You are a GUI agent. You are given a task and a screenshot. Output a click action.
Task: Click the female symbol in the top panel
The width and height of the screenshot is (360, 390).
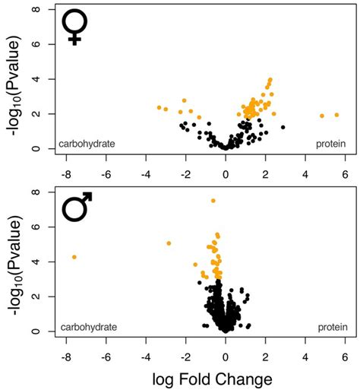(x=74, y=27)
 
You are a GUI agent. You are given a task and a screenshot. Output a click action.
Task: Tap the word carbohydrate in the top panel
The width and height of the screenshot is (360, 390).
(x=87, y=143)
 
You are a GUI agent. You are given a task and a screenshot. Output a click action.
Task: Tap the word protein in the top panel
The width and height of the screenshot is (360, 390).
(x=330, y=143)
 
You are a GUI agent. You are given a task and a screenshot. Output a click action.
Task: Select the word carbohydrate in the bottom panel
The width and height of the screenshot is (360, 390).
(x=89, y=326)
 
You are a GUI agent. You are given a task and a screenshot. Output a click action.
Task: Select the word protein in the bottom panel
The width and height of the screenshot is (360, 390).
(x=330, y=326)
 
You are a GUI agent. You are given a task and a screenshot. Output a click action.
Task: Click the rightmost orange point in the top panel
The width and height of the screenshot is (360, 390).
(x=336, y=115)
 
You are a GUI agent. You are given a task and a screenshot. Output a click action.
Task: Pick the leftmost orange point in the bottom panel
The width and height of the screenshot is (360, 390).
(x=74, y=257)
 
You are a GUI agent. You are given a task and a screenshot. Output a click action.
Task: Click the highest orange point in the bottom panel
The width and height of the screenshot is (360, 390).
(x=213, y=200)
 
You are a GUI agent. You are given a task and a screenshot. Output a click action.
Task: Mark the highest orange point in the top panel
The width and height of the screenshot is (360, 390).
(x=270, y=80)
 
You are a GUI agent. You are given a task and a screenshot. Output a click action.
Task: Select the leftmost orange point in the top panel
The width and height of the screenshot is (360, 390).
(x=159, y=107)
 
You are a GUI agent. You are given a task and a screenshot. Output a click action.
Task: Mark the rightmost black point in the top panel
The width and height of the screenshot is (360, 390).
(x=283, y=127)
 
